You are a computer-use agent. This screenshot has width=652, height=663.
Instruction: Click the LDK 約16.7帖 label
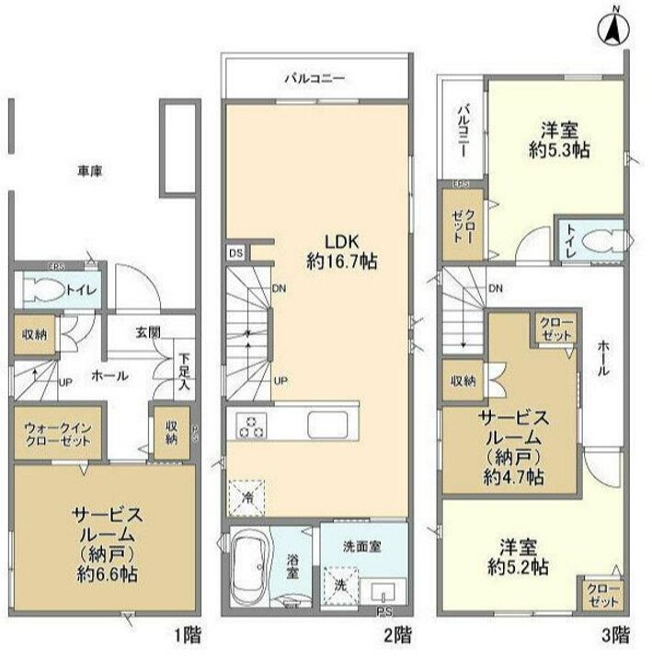pyautogui.click(x=341, y=250)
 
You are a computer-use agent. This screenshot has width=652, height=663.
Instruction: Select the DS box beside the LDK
pyautogui.click(x=235, y=250)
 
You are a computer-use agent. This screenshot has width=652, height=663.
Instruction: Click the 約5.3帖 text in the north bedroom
pyautogui.click(x=559, y=149)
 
